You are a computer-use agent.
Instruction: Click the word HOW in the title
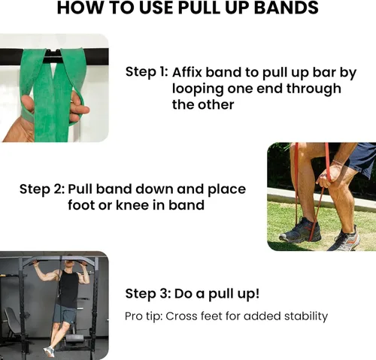point(80,9)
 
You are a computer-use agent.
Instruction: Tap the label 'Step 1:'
point(146,72)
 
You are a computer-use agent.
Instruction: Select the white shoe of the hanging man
point(49,350)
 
